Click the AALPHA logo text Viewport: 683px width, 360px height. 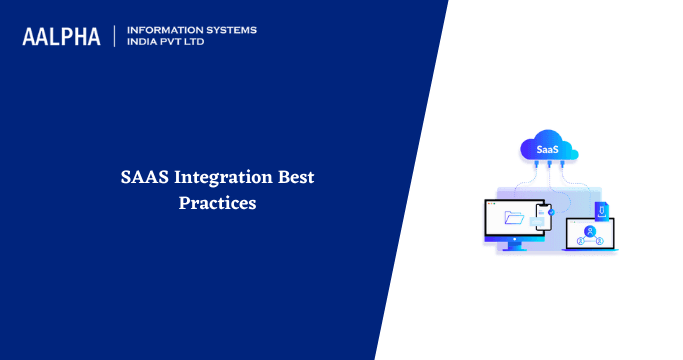pos(62,37)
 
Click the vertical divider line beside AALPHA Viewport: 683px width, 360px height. pos(116,36)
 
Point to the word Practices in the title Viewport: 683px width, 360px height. pos(217,202)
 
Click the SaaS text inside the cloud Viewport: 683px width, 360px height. pos(547,150)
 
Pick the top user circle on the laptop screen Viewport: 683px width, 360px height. pos(590,230)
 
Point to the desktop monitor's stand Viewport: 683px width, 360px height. pos(514,245)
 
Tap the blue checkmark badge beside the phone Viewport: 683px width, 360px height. pos(552,212)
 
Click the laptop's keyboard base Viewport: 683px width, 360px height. pos(590,250)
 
